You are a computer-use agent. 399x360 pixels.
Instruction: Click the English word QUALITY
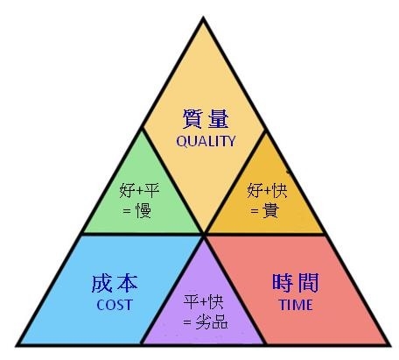point(206,141)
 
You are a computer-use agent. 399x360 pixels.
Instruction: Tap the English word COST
point(115,305)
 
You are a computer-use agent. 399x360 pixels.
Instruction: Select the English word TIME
point(296,305)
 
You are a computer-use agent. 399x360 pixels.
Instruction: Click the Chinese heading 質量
point(206,119)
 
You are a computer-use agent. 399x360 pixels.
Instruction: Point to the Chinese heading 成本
point(115,283)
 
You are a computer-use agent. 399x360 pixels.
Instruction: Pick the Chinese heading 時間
point(296,283)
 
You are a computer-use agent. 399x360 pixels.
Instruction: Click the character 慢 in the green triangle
point(143,210)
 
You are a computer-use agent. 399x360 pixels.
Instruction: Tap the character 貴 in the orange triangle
point(270,210)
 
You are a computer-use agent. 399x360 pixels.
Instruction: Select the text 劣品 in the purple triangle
point(212,321)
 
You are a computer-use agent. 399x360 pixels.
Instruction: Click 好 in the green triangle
point(128,191)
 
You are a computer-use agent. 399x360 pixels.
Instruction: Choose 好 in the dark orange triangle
point(255,191)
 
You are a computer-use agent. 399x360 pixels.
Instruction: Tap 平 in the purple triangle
point(192,302)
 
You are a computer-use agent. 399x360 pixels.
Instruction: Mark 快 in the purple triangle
point(216,302)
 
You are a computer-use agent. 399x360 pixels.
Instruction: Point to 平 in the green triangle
point(151,191)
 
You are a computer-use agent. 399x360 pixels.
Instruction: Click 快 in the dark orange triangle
point(279,191)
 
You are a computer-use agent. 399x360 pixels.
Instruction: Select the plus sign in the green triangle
point(140,191)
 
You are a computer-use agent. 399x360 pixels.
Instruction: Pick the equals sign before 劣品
point(187,322)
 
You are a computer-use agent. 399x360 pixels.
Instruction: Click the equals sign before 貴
point(255,211)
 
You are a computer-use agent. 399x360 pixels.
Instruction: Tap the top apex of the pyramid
point(203,18)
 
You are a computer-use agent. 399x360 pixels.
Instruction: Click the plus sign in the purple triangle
point(204,302)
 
